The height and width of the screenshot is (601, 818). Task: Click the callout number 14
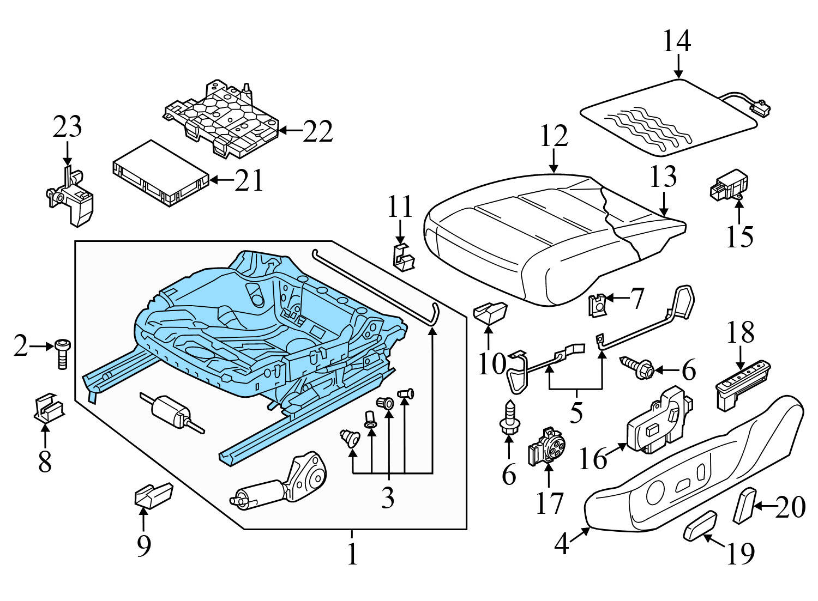click(677, 41)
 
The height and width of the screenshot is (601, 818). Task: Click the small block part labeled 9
click(152, 495)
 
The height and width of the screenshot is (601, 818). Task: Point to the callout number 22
click(317, 131)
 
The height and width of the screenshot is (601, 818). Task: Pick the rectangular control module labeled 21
click(160, 174)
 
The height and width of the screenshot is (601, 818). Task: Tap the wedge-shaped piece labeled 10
click(490, 313)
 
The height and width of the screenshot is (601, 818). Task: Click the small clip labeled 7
click(598, 305)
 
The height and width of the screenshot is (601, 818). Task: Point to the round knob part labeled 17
click(547, 446)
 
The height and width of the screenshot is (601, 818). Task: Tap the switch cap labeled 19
click(700, 525)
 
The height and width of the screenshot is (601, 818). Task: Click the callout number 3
click(388, 497)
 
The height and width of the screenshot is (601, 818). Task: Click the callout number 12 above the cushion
click(554, 136)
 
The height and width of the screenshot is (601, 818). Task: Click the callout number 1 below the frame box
click(352, 554)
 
